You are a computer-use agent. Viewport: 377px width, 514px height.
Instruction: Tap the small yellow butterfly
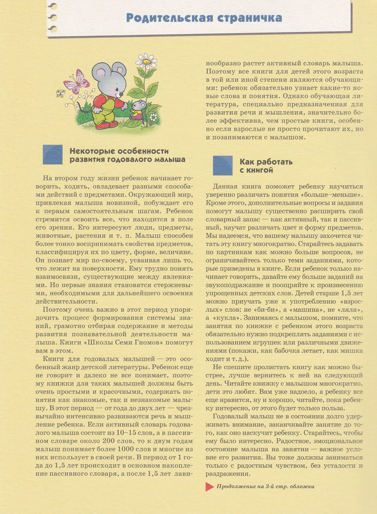[61, 93]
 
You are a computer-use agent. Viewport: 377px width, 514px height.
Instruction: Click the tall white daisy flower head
[147, 61]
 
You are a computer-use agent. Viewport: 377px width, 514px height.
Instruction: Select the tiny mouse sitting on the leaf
[139, 109]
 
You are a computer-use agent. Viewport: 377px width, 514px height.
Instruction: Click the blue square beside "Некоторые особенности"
[52, 155]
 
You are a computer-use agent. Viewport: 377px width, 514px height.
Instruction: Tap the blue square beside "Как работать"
[223, 165]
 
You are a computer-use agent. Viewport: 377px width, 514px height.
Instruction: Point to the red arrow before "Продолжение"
[209, 487]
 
